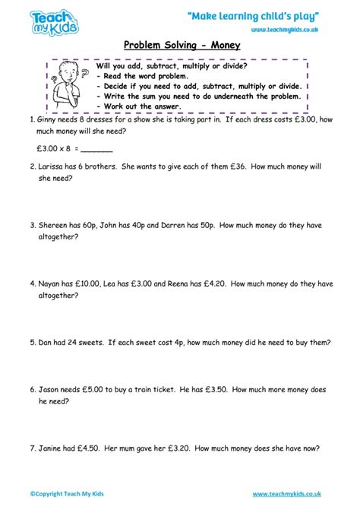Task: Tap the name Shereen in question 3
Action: [x=55, y=225]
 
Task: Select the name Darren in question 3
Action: [x=177, y=225]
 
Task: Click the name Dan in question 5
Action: [x=46, y=342]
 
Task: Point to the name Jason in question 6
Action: [x=50, y=389]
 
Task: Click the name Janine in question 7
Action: [x=52, y=448]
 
